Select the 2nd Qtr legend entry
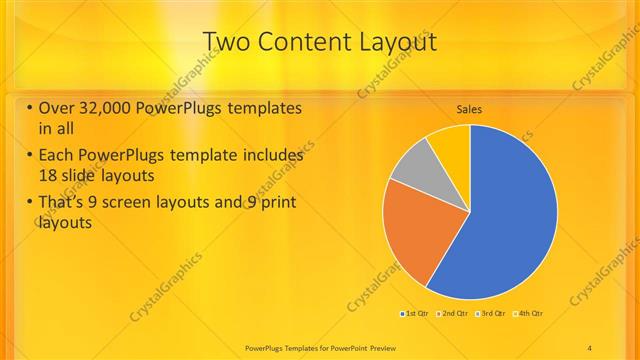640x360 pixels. [x=453, y=314]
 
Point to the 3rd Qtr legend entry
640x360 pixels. [x=492, y=314]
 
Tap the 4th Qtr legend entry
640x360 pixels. [x=529, y=314]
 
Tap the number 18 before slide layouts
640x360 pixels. [x=46, y=174]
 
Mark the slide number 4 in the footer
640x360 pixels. [x=589, y=347]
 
